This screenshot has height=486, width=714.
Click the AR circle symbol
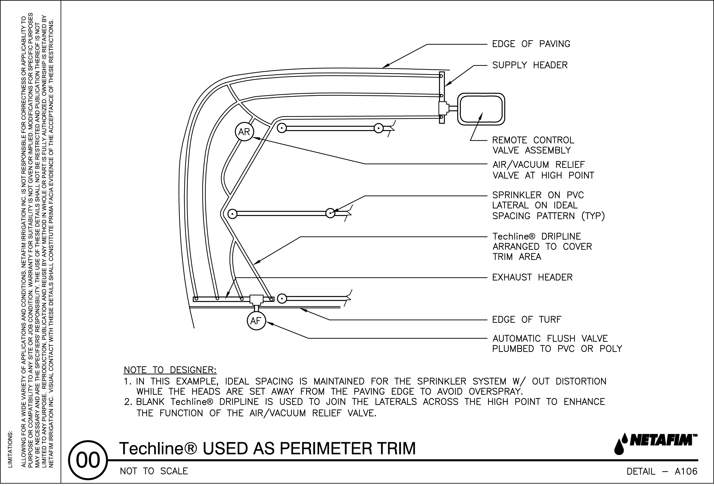click(x=244, y=132)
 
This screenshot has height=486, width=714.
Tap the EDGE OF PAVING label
click(x=531, y=44)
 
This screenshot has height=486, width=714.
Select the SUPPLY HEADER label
click(x=530, y=65)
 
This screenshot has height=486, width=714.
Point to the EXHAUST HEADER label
click(x=532, y=277)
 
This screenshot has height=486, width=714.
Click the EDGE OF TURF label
click(x=527, y=319)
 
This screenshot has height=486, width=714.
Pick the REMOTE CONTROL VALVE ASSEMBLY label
click(x=533, y=145)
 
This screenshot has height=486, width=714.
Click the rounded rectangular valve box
click(x=481, y=109)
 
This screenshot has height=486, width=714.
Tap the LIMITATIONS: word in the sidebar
click(x=10, y=449)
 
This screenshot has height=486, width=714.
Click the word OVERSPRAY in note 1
click(x=496, y=392)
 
